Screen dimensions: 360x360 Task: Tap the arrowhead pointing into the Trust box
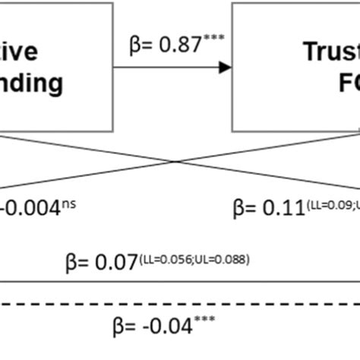(x=225, y=68)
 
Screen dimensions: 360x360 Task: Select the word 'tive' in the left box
(x=36, y=52)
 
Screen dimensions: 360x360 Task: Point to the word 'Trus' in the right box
(x=331, y=52)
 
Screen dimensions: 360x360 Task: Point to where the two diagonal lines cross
(x=176, y=161)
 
